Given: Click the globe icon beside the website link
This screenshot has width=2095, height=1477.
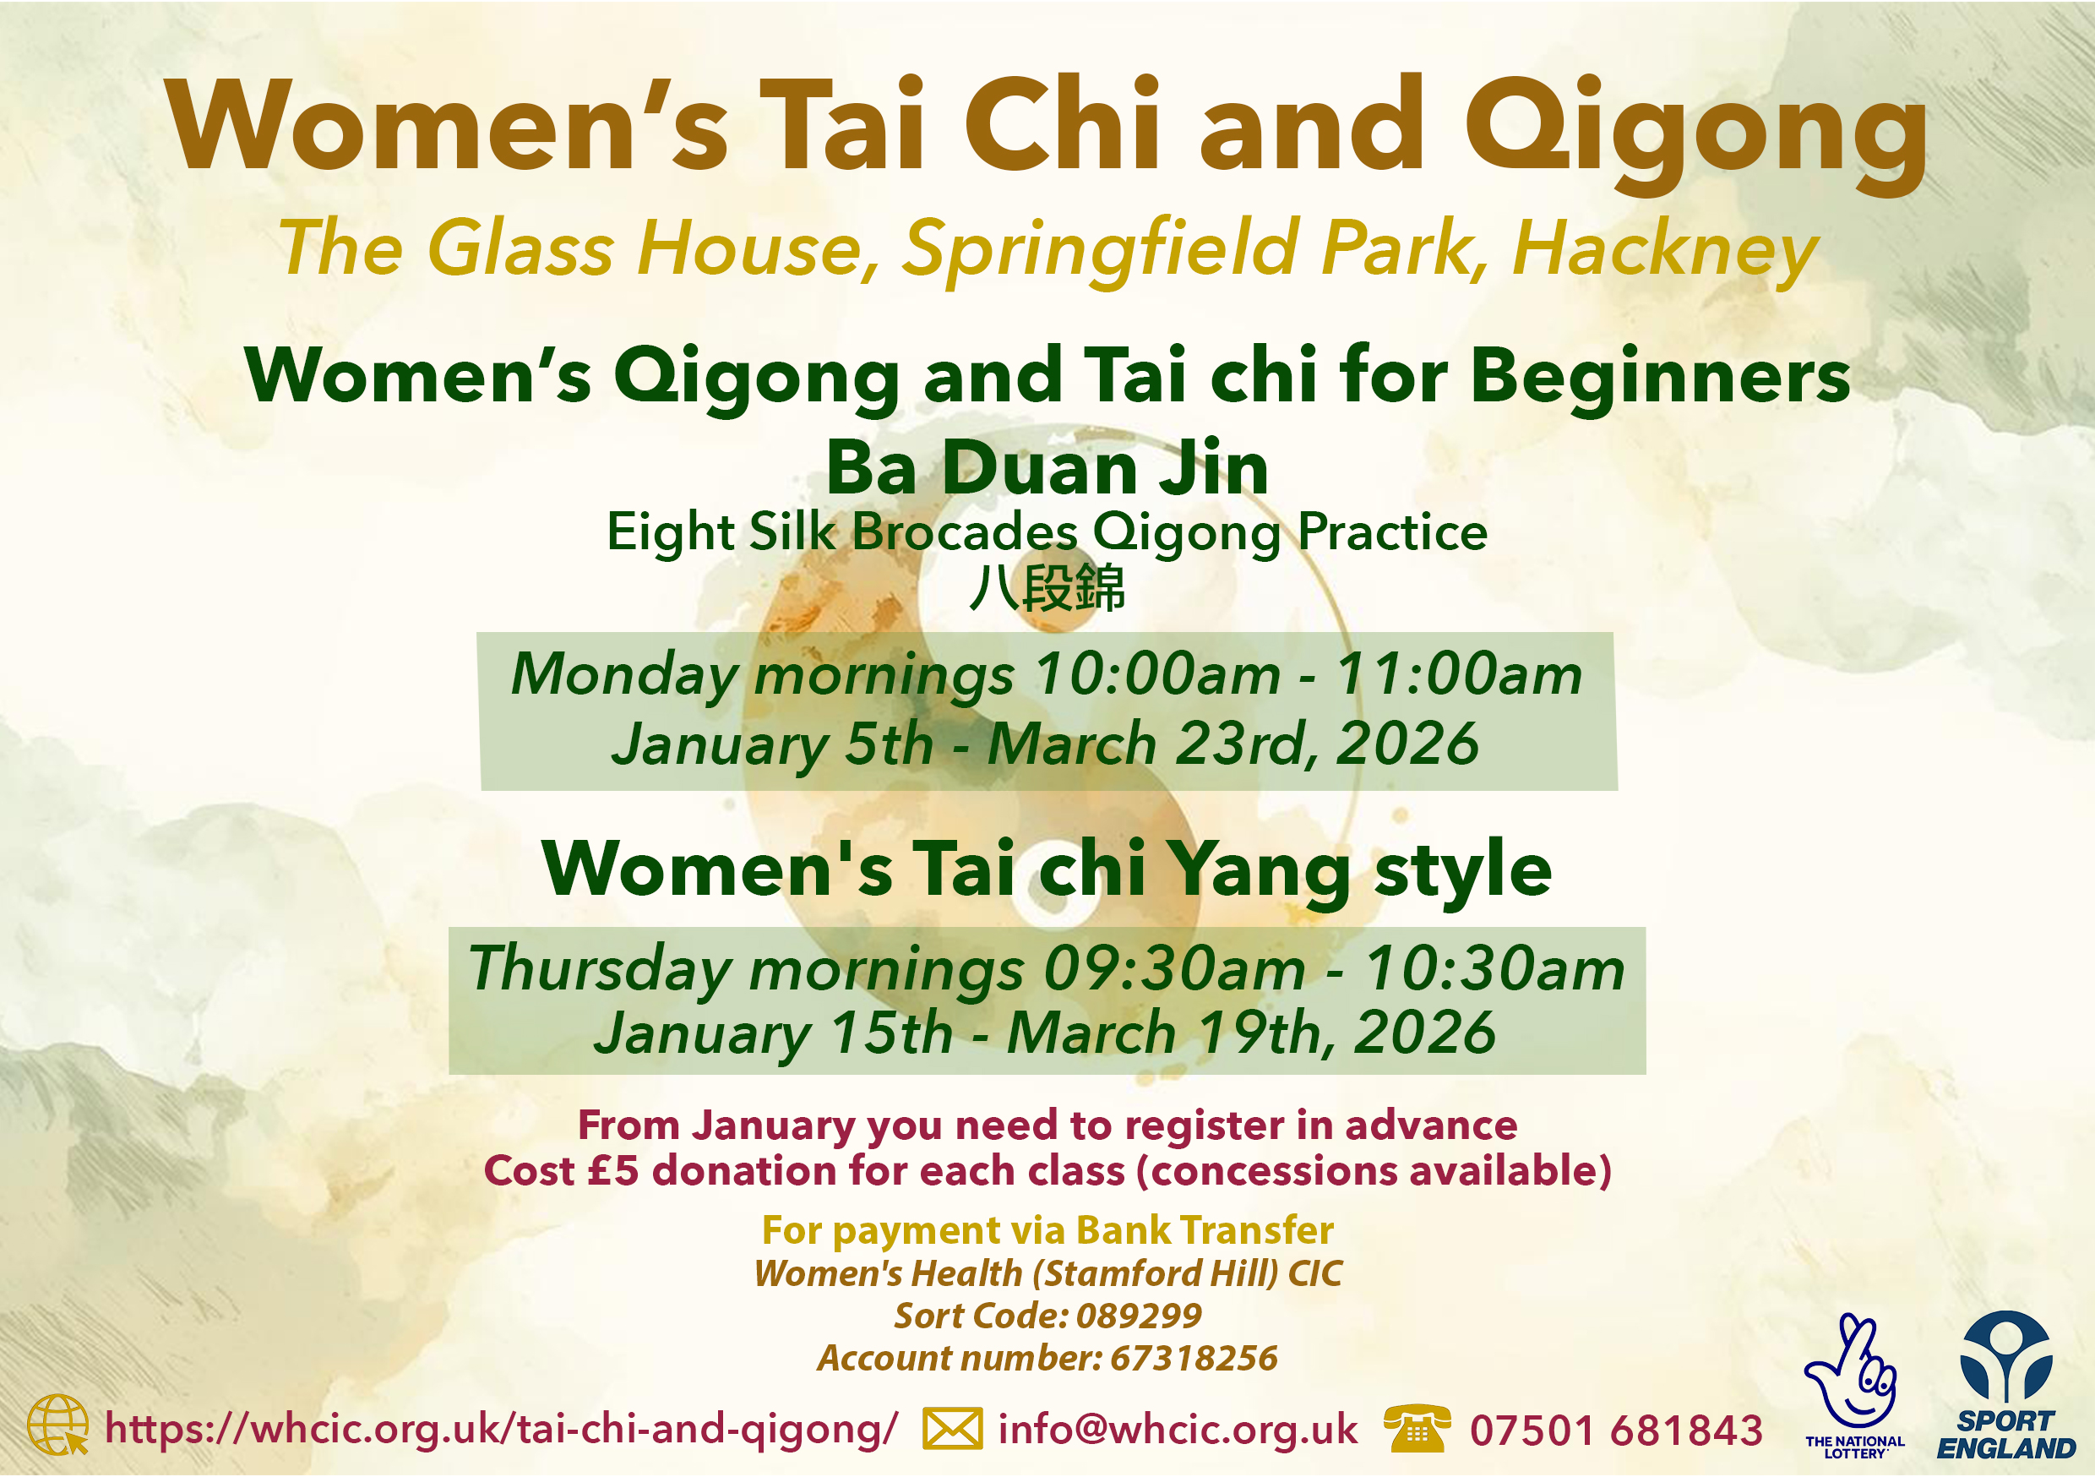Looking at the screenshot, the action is [x=57, y=1425].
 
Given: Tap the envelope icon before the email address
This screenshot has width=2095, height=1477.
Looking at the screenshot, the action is [x=953, y=1429].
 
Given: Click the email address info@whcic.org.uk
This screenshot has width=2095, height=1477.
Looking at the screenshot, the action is [x=1178, y=1430].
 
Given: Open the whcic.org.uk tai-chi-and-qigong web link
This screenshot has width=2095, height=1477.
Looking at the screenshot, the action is [x=501, y=1430].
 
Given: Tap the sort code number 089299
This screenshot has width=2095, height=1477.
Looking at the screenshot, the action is [x=1139, y=1316].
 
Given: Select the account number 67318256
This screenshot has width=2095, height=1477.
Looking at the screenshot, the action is [x=1194, y=1360].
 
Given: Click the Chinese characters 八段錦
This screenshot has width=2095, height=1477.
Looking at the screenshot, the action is [x=1047, y=588].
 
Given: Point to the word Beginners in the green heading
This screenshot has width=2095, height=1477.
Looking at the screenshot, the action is [x=1661, y=376].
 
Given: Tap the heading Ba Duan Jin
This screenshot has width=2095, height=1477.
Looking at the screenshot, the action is [x=1047, y=467].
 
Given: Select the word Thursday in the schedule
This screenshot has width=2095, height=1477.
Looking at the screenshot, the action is [x=599, y=970].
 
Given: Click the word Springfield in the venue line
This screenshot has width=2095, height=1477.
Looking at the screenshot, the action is [x=1100, y=249].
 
